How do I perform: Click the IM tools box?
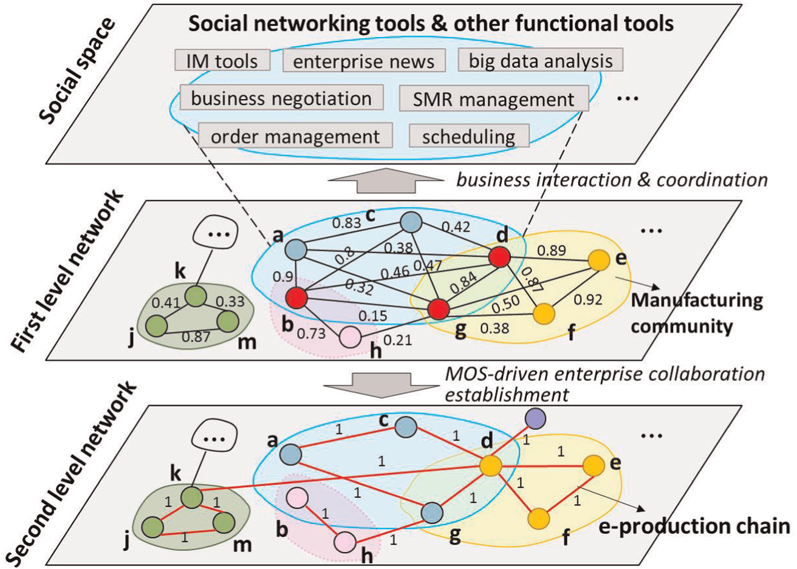click(x=222, y=60)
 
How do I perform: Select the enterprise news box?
click(x=364, y=61)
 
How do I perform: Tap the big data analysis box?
click(x=541, y=60)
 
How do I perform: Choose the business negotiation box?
click(x=281, y=97)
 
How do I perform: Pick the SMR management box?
click(x=494, y=98)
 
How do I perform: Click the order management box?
click(x=295, y=135)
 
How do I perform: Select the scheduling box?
click(x=470, y=135)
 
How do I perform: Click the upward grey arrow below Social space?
click(x=386, y=180)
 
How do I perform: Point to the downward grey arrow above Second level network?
click(x=381, y=386)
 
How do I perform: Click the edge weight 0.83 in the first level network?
click(x=346, y=223)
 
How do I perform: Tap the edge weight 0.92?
click(x=588, y=300)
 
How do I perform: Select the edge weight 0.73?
click(x=311, y=333)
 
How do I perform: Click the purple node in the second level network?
click(x=536, y=418)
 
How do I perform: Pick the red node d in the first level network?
click(x=499, y=257)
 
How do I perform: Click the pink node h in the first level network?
click(x=350, y=336)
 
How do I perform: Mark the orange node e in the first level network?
click(x=599, y=260)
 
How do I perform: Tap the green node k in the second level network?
click(x=192, y=497)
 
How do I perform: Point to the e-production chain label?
click(x=694, y=526)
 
